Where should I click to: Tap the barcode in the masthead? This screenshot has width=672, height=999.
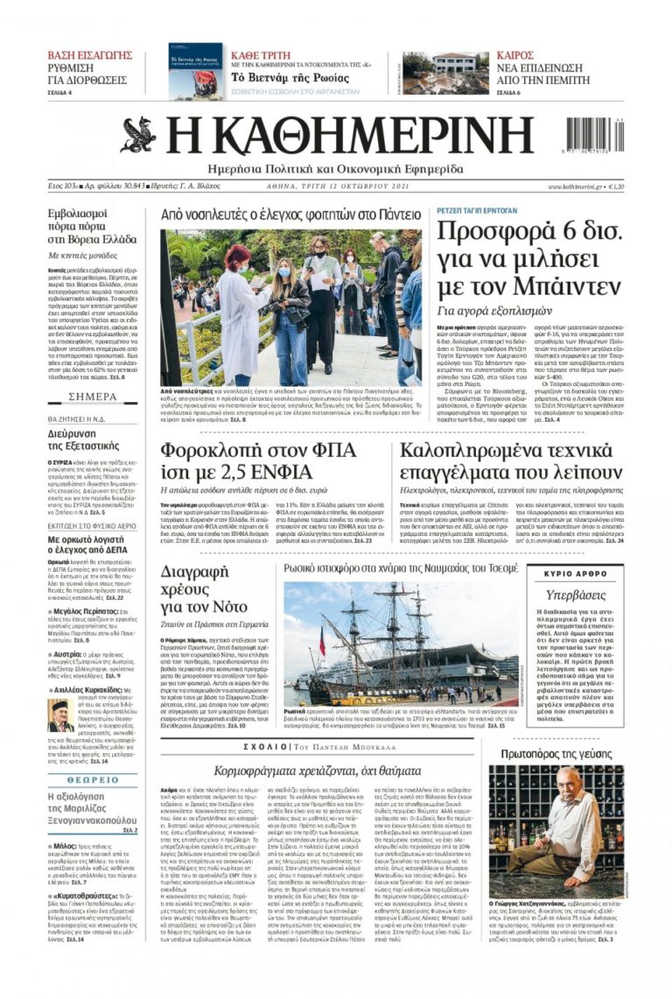[594, 136]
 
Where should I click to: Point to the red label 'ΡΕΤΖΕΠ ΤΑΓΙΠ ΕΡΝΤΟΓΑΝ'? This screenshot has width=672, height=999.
[476, 211]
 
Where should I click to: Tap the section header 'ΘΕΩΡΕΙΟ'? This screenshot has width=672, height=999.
[93, 778]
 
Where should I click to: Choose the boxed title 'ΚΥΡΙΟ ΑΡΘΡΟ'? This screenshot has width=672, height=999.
[575, 573]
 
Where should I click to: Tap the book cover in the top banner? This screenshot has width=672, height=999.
[195, 69]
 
